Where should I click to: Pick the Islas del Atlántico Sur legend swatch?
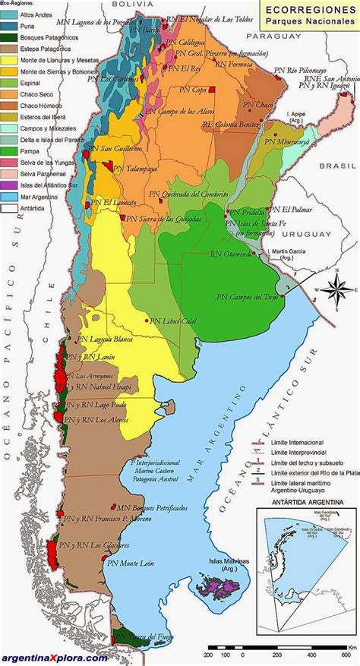(x=7, y=185)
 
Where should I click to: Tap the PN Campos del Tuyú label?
(x=245, y=296)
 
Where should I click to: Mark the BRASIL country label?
(x=338, y=165)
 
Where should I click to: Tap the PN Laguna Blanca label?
(x=92, y=342)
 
